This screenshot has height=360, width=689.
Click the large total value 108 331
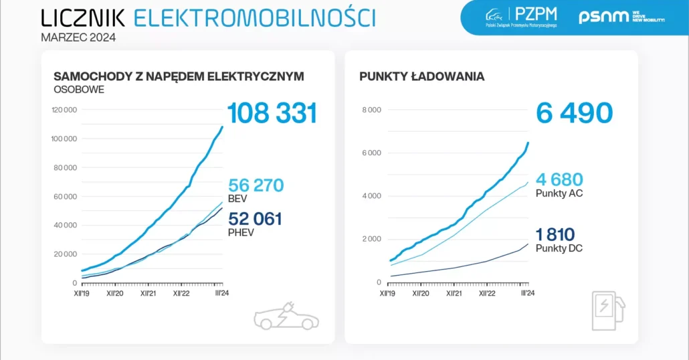click(272, 113)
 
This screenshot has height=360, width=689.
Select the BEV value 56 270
click(256, 185)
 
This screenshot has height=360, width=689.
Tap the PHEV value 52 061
click(255, 219)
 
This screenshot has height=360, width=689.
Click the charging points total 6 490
click(574, 113)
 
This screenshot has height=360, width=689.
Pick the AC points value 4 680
click(559, 179)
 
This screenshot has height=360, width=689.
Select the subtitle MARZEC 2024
click(78, 37)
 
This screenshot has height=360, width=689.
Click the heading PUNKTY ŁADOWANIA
click(422, 76)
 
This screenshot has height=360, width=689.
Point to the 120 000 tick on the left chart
click(64, 110)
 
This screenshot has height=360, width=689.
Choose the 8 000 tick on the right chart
click(371, 110)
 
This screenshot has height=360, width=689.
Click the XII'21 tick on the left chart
click(148, 293)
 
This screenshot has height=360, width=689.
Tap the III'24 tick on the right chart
click(527, 293)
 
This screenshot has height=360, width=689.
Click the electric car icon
click(286, 317)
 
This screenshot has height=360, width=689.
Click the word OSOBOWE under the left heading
click(79, 90)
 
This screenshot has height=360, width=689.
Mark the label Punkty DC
click(559, 249)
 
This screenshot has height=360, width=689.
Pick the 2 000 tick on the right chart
click(371, 239)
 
